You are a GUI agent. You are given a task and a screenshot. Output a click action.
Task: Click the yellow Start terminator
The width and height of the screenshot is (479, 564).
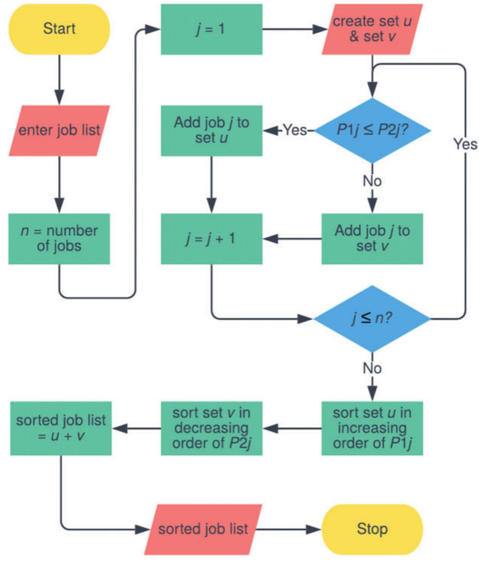[x=59, y=29]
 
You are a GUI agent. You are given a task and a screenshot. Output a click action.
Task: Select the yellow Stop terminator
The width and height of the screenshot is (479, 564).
[x=372, y=529]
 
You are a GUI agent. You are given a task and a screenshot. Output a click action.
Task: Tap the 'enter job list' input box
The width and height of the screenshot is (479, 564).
[x=59, y=130]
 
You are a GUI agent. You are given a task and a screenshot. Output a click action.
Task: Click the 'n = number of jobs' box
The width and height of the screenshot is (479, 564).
[x=59, y=239]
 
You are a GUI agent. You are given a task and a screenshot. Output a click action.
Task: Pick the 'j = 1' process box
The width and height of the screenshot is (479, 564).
[x=211, y=29]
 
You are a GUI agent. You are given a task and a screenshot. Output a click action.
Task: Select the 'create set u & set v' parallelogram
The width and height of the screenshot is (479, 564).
[x=372, y=29]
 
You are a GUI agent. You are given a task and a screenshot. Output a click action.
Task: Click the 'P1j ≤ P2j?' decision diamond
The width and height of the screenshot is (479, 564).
[x=372, y=130]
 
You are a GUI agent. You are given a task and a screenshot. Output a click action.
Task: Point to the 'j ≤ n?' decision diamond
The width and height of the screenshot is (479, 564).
[x=372, y=318]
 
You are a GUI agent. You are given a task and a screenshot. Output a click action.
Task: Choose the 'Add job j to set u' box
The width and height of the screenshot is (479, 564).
[x=211, y=130]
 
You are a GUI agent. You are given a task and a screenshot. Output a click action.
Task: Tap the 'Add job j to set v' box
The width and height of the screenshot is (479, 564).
[x=372, y=239]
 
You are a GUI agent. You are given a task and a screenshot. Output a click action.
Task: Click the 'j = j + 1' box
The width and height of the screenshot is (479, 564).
[x=211, y=239]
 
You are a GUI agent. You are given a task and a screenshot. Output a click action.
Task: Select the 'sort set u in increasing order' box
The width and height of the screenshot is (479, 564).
[x=372, y=428]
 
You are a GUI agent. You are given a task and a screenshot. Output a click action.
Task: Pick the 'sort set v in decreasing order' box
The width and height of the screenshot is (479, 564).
[x=211, y=428]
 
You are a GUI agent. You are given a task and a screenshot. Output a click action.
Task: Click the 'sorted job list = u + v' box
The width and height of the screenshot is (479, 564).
[x=61, y=428]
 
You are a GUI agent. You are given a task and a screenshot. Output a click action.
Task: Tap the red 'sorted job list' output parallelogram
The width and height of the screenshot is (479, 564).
[x=203, y=529]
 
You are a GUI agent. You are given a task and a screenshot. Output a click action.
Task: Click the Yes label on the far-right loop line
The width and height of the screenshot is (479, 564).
[x=465, y=144]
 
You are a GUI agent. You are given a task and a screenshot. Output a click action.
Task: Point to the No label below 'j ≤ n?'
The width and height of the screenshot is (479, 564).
[x=372, y=369]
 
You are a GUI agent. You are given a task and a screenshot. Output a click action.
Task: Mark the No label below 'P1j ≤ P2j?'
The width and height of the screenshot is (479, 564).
[x=372, y=181]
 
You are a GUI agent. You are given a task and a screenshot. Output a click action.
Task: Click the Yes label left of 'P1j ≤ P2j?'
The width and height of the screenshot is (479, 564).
[x=295, y=130]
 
